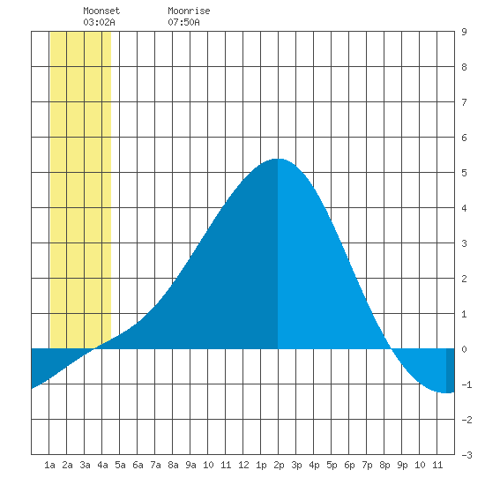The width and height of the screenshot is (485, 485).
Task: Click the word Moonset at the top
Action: [x=101, y=11]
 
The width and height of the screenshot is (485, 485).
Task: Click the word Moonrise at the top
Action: [x=189, y=11]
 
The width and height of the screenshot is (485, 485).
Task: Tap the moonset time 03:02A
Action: [x=99, y=22]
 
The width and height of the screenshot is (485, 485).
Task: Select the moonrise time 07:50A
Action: [x=183, y=22]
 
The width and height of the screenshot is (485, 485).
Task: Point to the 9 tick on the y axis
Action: [x=464, y=32]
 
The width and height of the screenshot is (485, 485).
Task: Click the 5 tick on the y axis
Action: [x=464, y=173]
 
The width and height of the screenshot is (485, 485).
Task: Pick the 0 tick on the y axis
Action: [x=464, y=349]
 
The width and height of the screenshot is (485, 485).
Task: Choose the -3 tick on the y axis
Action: [x=466, y=455]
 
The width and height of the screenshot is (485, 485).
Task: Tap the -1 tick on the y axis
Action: [x=466, y=384]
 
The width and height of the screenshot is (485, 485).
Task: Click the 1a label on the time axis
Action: [x=49, y=465]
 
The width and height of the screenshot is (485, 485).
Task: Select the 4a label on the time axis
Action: [x=102, y=465]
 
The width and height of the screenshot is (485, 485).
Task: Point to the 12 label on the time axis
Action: [x=243, y=465]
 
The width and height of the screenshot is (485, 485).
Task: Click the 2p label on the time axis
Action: [x=279, y=465]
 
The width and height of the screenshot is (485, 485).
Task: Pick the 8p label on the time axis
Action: [x=384, y=465]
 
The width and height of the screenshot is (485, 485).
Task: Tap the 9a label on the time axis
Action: [x=190, y=465]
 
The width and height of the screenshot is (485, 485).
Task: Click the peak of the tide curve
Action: [x=278, y=159]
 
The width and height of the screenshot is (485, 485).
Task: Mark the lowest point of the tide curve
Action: [x=446, y=392]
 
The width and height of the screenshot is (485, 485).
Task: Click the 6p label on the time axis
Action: [x=349, y=465]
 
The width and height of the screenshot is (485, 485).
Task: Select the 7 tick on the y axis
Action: [x=464, y=102]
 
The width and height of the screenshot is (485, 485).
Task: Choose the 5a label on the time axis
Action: [x=120, y=465]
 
